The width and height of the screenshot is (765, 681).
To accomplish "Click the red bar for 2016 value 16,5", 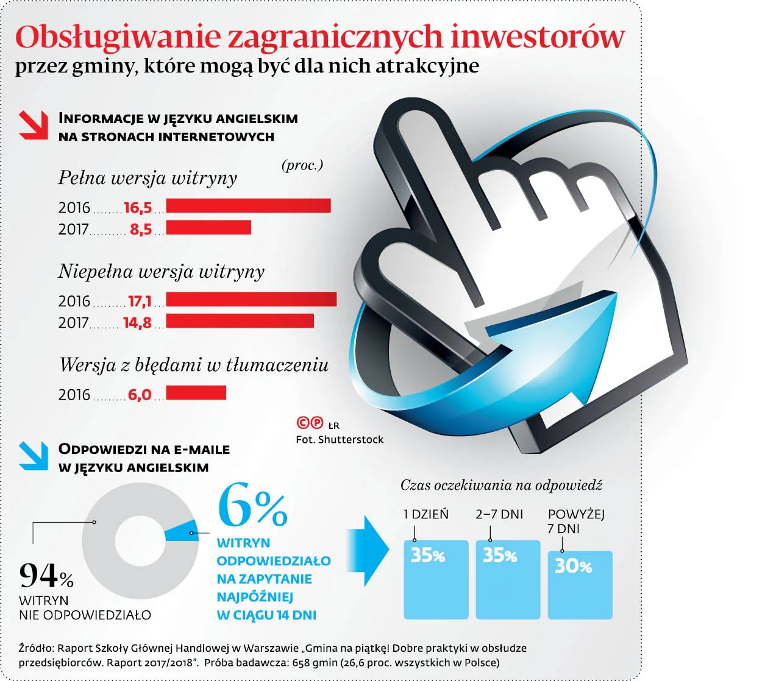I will coord(248,206).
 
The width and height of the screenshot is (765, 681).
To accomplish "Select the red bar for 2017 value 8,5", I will coord(208,227).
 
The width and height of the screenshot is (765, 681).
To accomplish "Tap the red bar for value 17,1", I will coord(251,299).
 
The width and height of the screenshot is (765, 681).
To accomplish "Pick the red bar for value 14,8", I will coord(240,320).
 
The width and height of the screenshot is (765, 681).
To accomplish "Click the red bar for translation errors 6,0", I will coord(196,393).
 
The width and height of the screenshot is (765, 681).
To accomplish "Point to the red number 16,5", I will coord(138,208).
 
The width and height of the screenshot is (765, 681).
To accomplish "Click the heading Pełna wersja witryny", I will coord(148,178).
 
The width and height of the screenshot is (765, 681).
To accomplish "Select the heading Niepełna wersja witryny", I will coord(161,271).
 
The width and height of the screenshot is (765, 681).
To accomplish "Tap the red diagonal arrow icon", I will coord(34,125).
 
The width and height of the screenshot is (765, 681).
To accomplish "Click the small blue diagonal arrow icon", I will coord(34,456).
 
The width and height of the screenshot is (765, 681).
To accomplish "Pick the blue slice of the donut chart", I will coord(182,531).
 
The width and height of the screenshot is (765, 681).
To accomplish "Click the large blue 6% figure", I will coord(252,506).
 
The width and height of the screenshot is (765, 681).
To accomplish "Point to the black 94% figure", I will coord(46,575).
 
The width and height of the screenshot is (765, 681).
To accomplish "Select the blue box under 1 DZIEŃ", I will coord(436,579).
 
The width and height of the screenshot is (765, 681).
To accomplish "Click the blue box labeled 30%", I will coord(580,585).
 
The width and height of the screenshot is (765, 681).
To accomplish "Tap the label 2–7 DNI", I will coord(499,514).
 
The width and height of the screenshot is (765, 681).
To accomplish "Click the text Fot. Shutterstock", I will coord(340,440).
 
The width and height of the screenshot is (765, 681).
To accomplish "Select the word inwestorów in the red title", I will coord(538,37).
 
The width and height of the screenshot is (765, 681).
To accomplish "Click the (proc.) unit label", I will coord(302,165).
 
